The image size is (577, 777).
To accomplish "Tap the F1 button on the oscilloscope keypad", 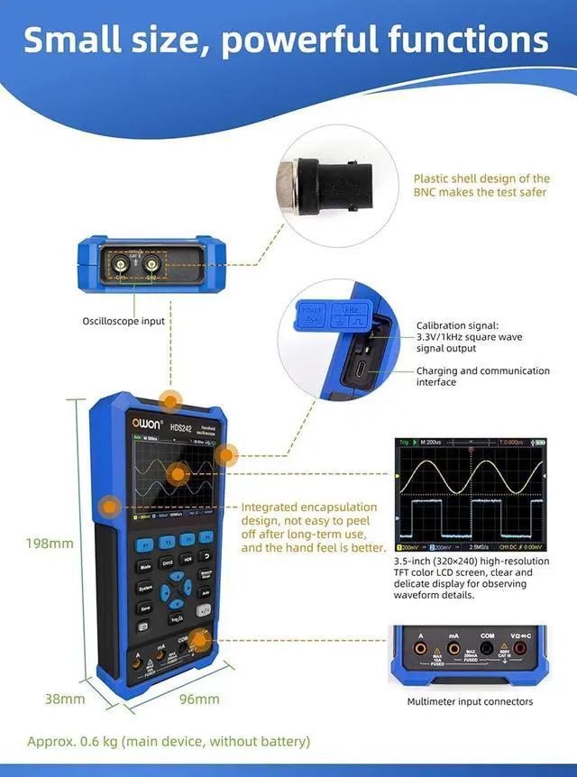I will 144,544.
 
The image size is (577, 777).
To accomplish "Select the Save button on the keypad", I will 144,608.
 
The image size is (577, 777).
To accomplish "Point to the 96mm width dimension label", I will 200,699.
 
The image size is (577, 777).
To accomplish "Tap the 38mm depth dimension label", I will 65,699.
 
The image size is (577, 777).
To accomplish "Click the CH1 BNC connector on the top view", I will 120,264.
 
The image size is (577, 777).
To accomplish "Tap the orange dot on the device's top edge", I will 169,400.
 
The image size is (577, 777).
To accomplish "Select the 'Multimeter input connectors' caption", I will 470,701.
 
